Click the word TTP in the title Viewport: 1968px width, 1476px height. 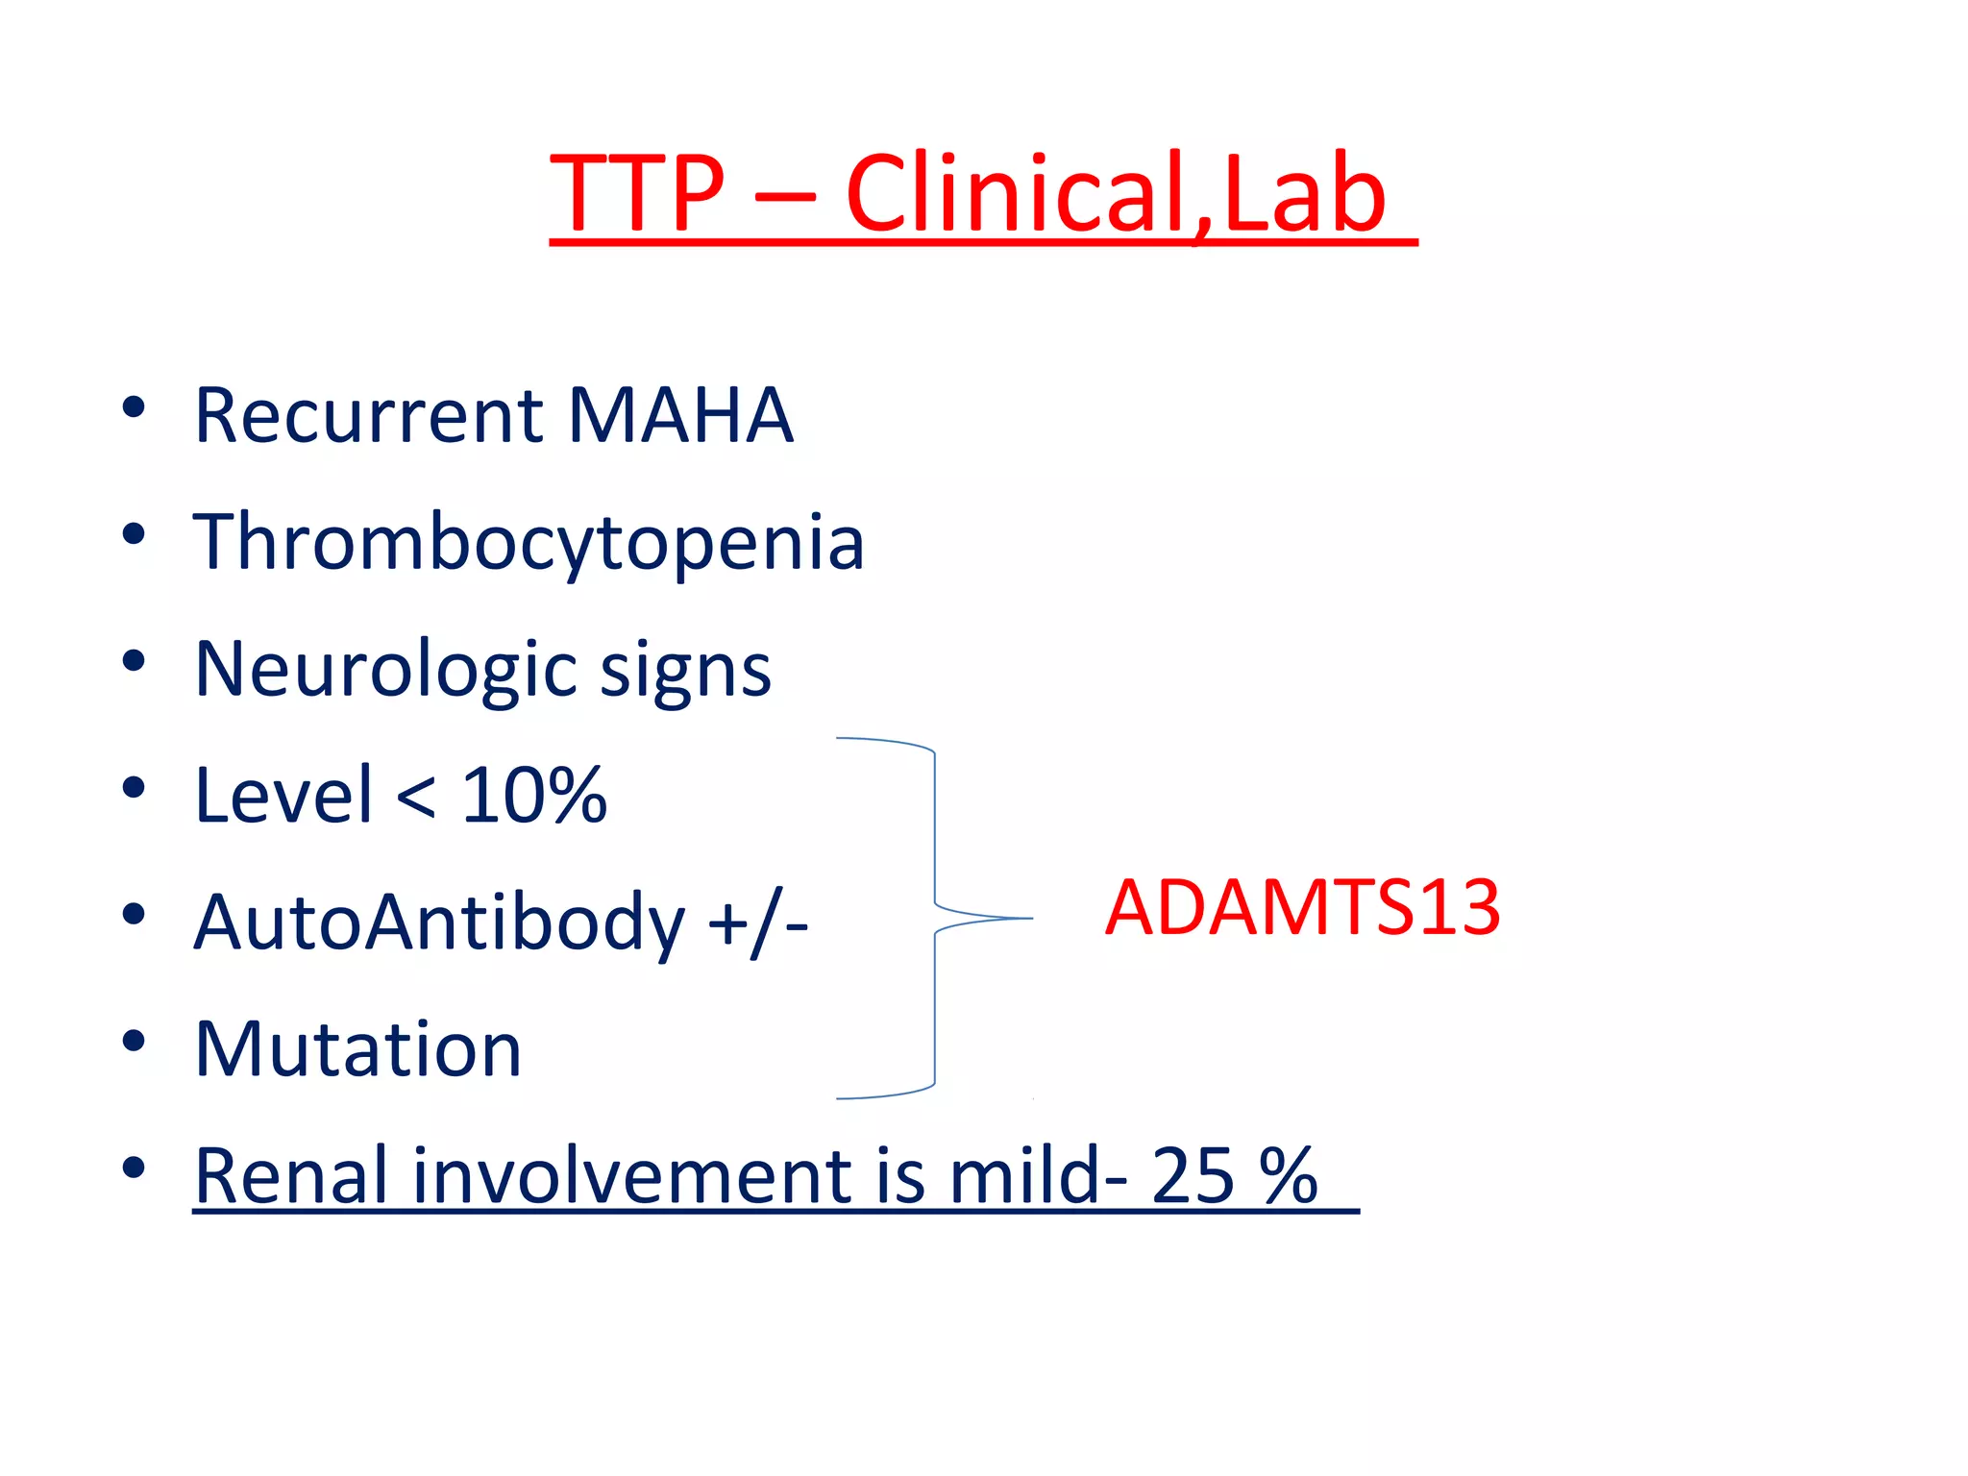(x=636, y=194)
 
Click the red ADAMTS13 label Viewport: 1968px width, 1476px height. (x=1302, y=907)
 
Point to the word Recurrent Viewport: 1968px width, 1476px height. (x=369, y=416)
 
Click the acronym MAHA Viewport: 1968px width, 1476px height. (x=680, y=416)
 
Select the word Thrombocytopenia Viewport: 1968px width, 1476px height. (x=529, y=543)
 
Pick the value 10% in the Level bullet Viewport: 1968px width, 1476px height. (x=534, y=796)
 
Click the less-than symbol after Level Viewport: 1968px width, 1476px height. (x=415, y=798)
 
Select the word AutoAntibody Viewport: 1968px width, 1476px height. (x=439, y=923)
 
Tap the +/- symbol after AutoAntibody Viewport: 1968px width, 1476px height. (x=757, y=923)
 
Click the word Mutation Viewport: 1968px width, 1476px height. (x=357, y=1049)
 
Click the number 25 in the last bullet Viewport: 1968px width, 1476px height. (x=1193, y=1175)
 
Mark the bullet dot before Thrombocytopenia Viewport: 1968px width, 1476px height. (x=134, y=533)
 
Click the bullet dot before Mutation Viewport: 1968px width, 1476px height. (x=134, y=1041)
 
